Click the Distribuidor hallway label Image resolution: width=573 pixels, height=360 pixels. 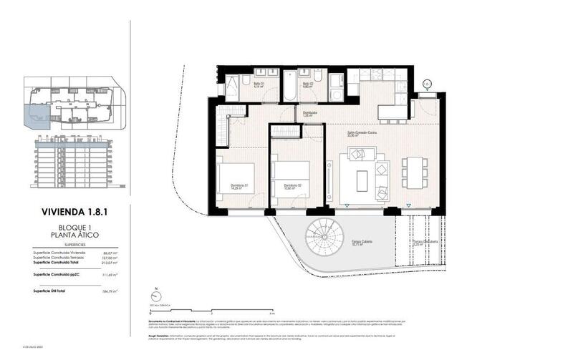click(309, 113)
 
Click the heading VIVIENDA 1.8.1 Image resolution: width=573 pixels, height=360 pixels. click(70, 212)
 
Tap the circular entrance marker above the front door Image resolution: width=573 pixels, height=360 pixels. click(427, 84)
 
